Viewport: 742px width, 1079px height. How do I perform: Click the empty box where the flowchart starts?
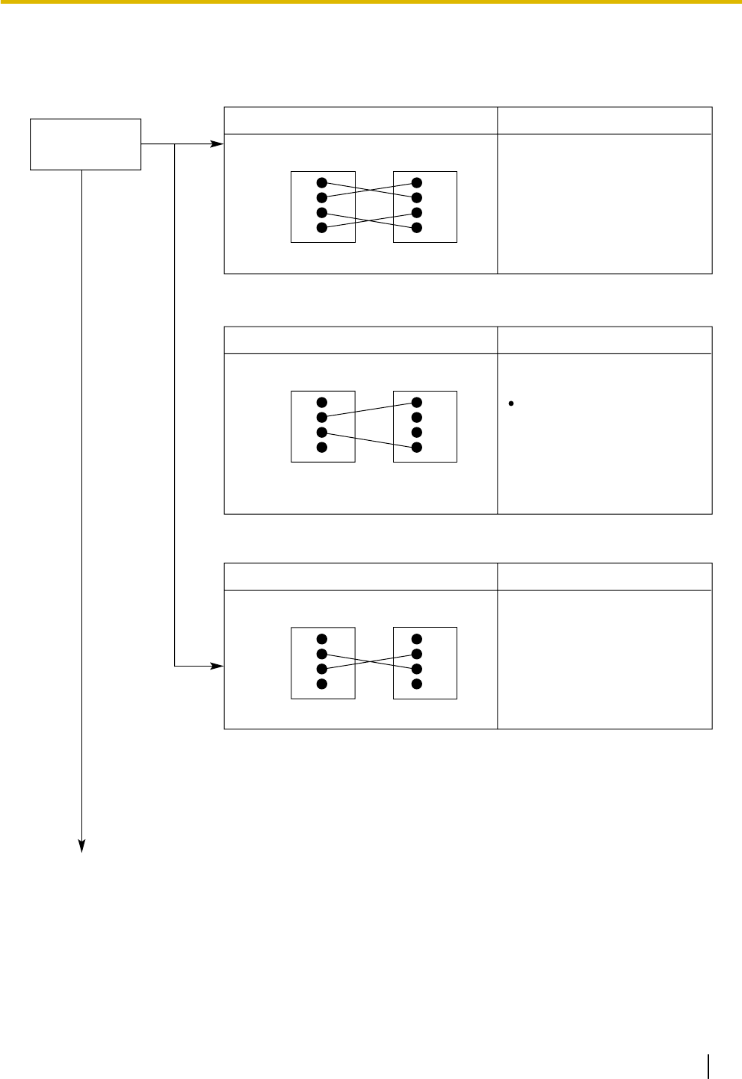click(x=85, y=144)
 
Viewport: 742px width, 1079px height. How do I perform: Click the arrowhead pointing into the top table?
click(x=218, y=143)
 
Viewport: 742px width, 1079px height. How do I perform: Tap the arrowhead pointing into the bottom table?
click(x=218, y=666)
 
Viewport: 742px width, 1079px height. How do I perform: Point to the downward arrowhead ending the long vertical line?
click(x=82, y=846)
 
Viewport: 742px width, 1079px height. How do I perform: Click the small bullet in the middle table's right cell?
click(x=510, y=404)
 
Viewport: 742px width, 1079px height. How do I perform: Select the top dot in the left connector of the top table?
click(x=322, y=183)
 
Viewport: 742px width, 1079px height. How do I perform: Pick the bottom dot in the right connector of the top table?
click(x=417, y=228)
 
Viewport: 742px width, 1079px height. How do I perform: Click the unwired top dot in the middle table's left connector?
click(x=322, y=403)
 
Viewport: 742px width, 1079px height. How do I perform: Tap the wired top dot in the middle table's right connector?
click(x=417, y=403)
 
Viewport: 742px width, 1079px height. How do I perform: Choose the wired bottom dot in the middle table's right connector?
click(x=417, y=448)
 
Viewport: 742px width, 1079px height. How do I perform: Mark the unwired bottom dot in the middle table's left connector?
click(x=322, y=448)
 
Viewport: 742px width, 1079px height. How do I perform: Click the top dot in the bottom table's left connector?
click(x=322, y=640)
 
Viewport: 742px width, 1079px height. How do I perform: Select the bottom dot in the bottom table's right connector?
click(x=417, y=684)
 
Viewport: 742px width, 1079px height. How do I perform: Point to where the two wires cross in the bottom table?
click(x=370, y=661)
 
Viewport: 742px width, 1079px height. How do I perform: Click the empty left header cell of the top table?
click(x=361, y=120)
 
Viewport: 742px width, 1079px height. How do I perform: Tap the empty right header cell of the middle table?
click(x=605, y=340)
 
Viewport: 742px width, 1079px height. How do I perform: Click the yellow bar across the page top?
click(x=371, y=2)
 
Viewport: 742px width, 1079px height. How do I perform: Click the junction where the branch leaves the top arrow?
click(x=175, y=143)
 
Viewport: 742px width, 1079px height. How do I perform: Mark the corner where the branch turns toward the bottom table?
click(x=175, y=666)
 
